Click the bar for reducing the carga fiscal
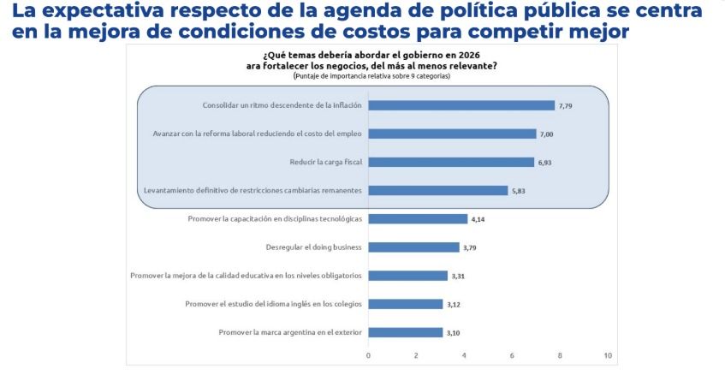pyautogui.click(x=451, y=162)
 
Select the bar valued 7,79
pyautogui.click(x=461, y=105)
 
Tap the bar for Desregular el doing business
pyautogui.click(x=413, y=247)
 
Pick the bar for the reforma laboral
pyautogui.click(x=452, y=134)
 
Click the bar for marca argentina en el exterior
pyautogui.click(x=405, y=332)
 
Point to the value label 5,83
pyautogui.click(x=520, y=190)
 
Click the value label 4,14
pyautogui.click(x=478, y=219)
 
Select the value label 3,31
pyautogui.click(x=459, y=276)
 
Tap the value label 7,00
pyautogui.click(x=547, y=134)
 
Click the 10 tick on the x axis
pyautogui.click(x=608, y=354)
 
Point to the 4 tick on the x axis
pyautogui.click(x=464, y=354)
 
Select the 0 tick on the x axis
pyautogui.click(x=368, y=354)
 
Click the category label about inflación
pyautogui.click(x=282, y=105)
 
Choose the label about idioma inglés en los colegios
pyautogui.click(x=274, y=304)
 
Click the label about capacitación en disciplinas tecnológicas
pyautogui.click(x=275, y=219)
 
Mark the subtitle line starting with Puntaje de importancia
pyautogui.click(x=371, y=76)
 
